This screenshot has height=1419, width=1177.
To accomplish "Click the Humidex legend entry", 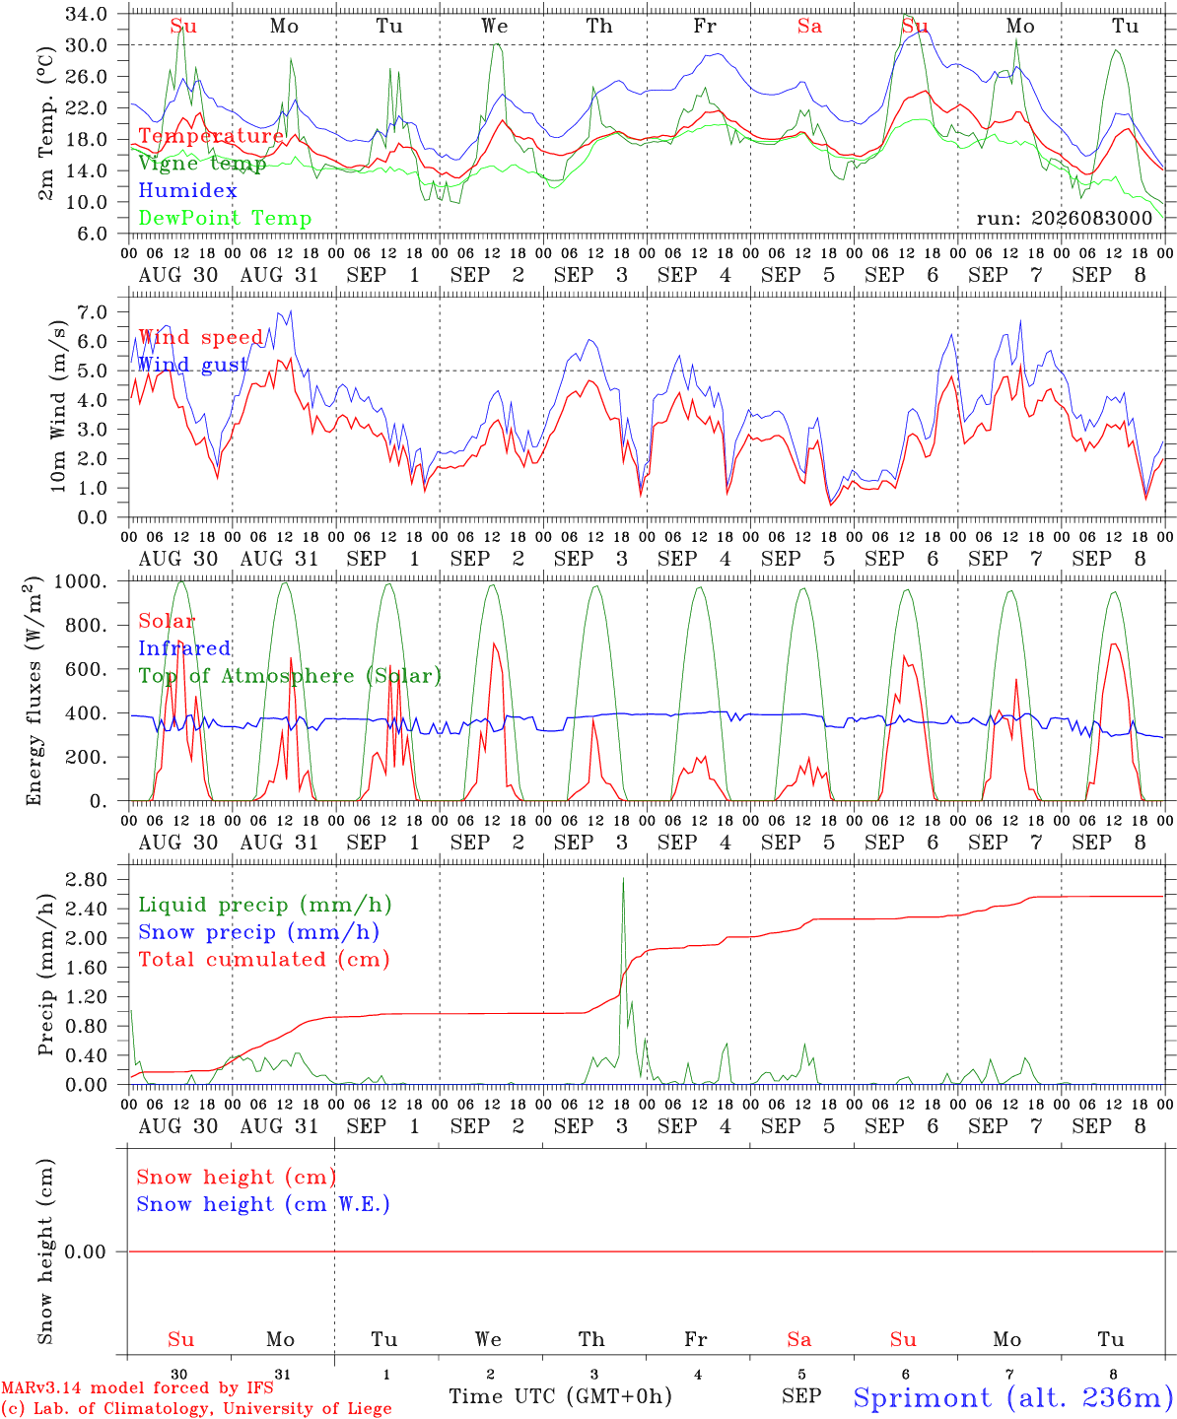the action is [187, 190].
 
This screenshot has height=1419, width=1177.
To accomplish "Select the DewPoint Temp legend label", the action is [225, 218].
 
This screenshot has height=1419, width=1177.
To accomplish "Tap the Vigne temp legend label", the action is [202, 164].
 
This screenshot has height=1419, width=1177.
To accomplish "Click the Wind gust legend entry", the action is [193, 365].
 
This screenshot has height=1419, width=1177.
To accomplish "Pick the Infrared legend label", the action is [184, 648].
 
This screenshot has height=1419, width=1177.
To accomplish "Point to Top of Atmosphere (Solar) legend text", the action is [291, 676].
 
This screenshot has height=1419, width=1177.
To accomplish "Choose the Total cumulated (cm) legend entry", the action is [264, 960].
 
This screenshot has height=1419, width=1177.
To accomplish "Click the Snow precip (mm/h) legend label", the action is [258, 932].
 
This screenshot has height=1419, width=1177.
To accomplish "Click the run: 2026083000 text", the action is [1064, 218].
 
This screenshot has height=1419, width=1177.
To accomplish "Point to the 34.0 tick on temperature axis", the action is [87, 14].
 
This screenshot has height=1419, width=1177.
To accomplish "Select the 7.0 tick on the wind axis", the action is [93, 312].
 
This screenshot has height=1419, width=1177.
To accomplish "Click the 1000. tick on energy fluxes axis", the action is [81, 581].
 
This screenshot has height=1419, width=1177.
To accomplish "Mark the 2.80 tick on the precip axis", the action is [87, 879].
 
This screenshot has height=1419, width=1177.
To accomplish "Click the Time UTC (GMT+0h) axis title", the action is [560, 1396].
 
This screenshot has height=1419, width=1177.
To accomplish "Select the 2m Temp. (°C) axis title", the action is [45, 123].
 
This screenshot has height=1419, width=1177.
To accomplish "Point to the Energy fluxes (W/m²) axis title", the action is [34, 691].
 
